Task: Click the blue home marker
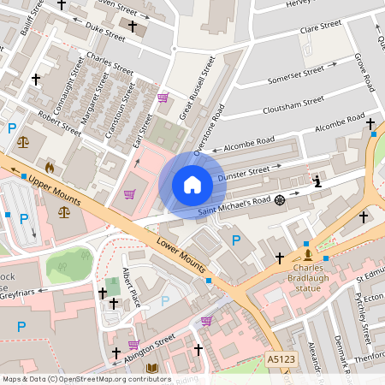192,184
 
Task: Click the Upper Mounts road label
55,192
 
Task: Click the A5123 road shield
281,360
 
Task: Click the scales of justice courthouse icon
22,139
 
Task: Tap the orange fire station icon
49,168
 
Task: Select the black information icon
317,181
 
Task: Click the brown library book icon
152,369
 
